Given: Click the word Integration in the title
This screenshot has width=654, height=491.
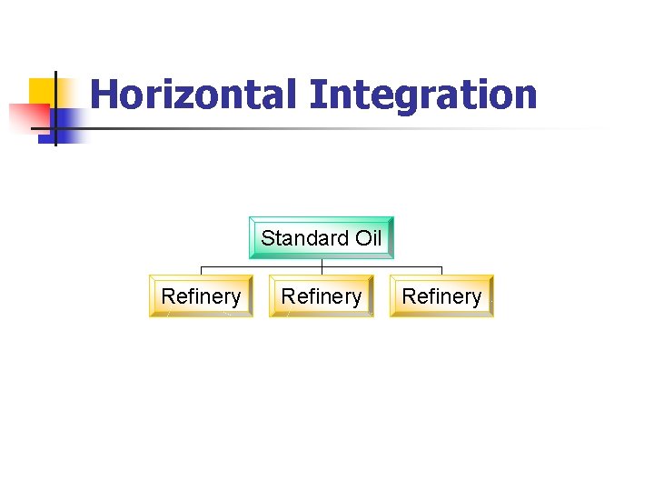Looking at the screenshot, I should click(423, 95).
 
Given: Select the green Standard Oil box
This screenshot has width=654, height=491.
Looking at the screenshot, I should click(322, 238).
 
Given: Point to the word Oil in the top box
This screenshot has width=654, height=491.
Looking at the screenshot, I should click(367, 238).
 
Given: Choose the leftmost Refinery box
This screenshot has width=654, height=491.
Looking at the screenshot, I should click(201, 296).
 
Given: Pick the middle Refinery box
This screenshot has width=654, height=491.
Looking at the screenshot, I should click(322, 296).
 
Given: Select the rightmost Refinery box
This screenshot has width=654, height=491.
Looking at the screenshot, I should click(441, 296).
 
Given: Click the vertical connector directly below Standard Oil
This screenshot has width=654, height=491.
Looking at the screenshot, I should click(322, 264).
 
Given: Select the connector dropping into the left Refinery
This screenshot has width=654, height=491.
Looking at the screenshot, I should click(201, 271).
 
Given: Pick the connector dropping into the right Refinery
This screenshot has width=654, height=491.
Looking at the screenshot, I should click(441, 271).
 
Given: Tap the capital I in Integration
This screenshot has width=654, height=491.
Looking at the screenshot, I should click(315, 95).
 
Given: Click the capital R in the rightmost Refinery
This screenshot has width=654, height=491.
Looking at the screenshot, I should click(409, 296).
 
